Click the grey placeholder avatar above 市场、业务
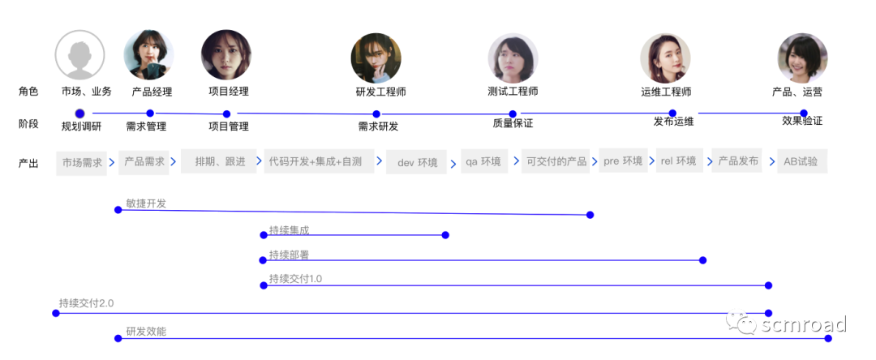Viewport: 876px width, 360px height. point(79,55)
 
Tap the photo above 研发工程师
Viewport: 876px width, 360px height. point(376,58)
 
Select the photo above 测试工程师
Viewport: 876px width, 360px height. point(513,58)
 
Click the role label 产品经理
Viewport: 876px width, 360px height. point(152,92)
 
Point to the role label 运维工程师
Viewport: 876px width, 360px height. point(666,92)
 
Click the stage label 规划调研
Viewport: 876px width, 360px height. point(82,126)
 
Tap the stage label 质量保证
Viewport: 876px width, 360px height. point(513,124)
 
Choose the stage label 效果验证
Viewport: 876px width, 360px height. point(802,121)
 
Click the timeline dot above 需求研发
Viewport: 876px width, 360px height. point(376,114)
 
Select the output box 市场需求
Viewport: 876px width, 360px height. point(82,162)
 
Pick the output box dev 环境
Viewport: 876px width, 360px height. point(417,162)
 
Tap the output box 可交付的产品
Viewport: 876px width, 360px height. point(556,161)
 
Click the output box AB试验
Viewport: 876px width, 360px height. point(801,161)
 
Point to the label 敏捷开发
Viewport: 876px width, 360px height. point(146,204)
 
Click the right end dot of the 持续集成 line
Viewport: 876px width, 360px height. point(445,235)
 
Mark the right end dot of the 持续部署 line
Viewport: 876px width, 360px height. point(702,260)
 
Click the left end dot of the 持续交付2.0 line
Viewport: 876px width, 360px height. point(56,313)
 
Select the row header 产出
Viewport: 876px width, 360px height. point(28,163)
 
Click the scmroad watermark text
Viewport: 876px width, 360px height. point(803,325)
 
